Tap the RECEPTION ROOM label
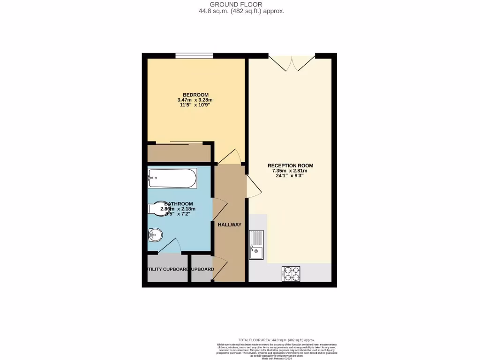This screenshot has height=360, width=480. [x=290, y=165]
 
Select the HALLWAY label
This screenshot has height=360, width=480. [x=229, y=225]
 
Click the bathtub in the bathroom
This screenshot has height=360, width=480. [x=172, y=178]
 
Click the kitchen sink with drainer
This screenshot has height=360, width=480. [x=256, y=244]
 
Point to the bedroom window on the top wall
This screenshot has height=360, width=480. [x=194, y=56]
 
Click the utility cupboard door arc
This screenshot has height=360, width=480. [x=171, y=246]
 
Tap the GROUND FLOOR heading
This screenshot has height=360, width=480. [x=240, y=4]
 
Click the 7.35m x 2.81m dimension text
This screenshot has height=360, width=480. [x=290, y=171]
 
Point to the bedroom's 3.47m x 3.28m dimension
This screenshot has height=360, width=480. [x=195, y=100]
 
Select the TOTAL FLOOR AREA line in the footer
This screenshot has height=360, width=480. [x=277, y=340]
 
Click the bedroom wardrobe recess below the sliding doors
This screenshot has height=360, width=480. [x=178, y=153]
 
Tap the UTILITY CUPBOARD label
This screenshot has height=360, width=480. [x=167, y=269]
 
